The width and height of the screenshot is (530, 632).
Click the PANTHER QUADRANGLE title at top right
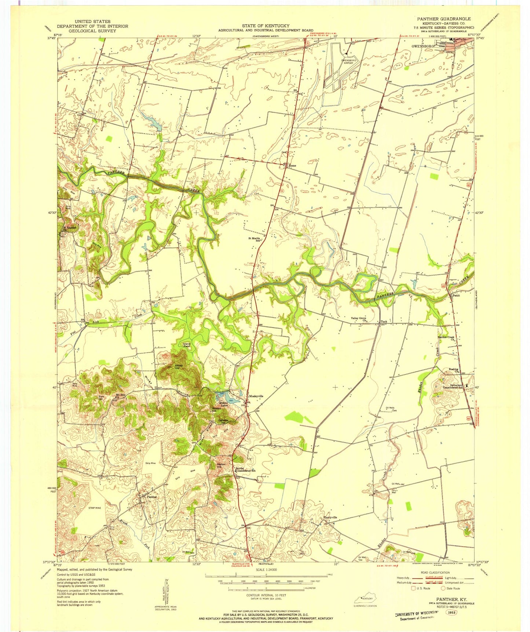[444, 19]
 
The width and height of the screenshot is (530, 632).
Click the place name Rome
[292, 166]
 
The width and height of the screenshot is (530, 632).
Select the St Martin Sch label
[255, 240]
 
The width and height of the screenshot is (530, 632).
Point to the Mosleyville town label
[256, 396]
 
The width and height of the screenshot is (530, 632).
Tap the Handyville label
[330, 517]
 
